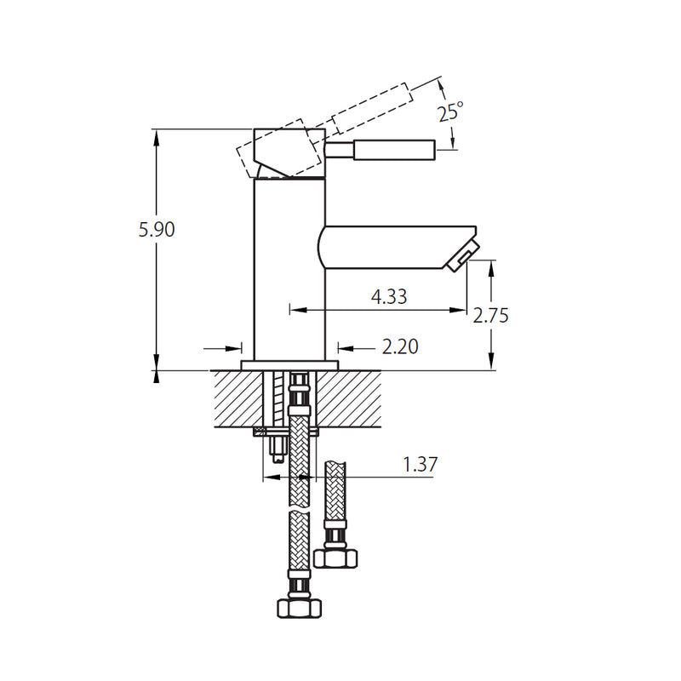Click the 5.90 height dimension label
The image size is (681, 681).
pyautogui.click(x=157, y=229)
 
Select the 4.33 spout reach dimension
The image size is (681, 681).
pyautogui.click(x=388, y=296)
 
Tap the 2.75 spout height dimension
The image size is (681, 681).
pyautogui.click(x=491, y=315)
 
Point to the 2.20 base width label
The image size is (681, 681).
pyautogui.click(x=399, y=346)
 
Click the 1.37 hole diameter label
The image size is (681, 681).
pyautogui.click(x=420, y=464)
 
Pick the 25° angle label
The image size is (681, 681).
pyautogui.click(x=451, y=111)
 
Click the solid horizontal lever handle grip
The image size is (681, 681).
pyautogui.click(x=393, y=150)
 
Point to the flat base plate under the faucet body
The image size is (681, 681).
pyautogui.click(x=289, y=365)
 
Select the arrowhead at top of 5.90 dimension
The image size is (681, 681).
pyautogui.click(x=157, y=136)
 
